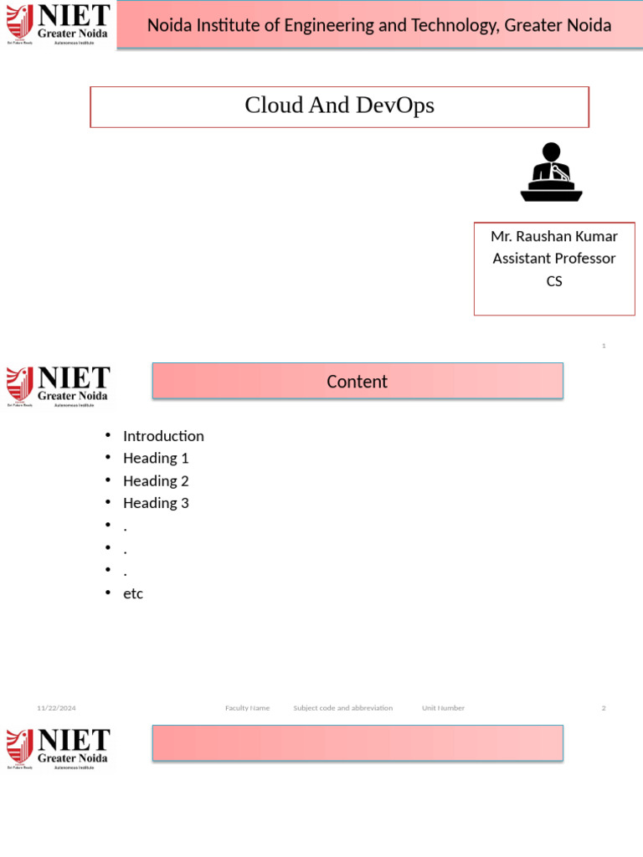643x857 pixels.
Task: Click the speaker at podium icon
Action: click(551, 172)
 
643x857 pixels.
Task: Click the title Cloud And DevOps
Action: click(339, 105)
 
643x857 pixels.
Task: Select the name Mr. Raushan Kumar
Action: click(554, 236)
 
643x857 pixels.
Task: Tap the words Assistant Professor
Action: click(554, 259)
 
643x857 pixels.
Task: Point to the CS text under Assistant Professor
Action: click(554, 281)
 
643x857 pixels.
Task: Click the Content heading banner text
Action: click(357, 382)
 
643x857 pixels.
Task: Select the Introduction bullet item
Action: click(163, 436)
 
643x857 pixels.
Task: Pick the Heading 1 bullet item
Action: click(156, 458)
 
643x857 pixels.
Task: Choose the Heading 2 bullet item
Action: click(156, 480)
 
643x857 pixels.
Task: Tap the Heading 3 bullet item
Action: click(156, 503)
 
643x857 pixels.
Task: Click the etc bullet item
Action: click(133, 593)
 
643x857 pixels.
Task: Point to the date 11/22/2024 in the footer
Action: click(56, 708)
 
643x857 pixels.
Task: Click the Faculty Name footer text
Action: click(247, 708)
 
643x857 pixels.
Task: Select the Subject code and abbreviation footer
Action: click(342, 708)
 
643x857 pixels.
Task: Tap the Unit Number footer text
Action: click(443, 708)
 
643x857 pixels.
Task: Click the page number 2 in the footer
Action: click(604, 708)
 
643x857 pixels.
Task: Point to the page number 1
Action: click(604, 346)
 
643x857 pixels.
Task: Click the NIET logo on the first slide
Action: click(58, 23)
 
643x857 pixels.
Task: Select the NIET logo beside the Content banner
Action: click(58, 386)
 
